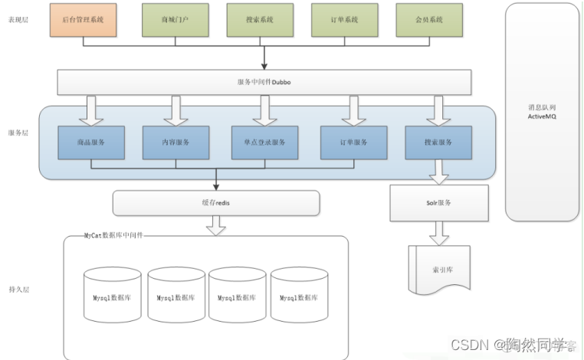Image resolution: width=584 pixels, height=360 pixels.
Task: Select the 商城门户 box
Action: (176, 19)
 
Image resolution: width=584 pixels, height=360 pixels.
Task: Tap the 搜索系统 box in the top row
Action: (261, 19)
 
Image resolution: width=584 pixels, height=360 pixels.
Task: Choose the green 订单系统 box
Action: (344, 19)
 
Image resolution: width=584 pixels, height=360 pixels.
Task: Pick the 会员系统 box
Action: (429, 19)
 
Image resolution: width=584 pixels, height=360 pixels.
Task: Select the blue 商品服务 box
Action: (91, 142)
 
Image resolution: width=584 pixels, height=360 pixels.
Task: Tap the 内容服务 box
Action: (176, 142)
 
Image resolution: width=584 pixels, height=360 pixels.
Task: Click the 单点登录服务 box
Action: (264, 142)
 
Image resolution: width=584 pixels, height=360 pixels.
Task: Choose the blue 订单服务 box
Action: (353, 142)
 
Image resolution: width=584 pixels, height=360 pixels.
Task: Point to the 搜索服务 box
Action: (438, 142)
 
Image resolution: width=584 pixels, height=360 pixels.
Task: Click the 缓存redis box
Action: (215, 203)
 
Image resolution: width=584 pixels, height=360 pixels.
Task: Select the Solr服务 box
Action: (439, 203)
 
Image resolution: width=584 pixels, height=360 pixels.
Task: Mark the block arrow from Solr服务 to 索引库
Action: (439, 232)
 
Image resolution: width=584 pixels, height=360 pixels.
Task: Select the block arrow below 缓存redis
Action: (216, 225)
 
